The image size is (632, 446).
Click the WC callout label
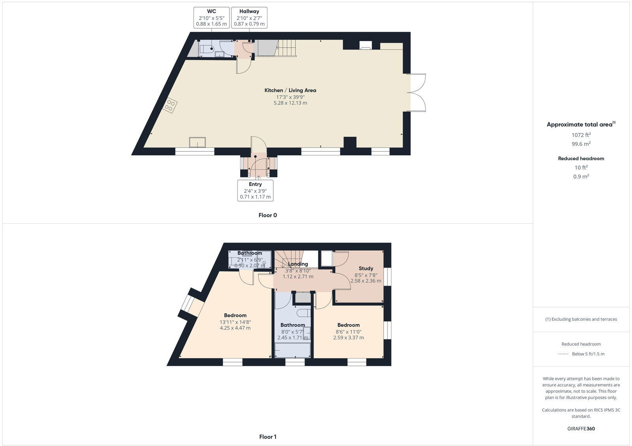click(212, 18)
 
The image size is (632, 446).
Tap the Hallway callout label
click(249, 18)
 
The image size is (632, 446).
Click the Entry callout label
click(255, 190)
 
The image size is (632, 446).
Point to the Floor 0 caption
click(267, 215)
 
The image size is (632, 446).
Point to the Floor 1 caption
click(267, 437)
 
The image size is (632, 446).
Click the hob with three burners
click(171, 105)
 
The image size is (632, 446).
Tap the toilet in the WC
click(207, 49)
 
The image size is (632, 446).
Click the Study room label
click(366, 268)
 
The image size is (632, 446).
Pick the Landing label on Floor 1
click(298, 264)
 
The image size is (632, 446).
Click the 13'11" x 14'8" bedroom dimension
click(235, 322)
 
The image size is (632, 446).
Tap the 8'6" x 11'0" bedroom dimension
click(348, 332)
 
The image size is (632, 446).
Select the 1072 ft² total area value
click(581, 135)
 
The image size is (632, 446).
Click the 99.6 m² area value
click(581, 144)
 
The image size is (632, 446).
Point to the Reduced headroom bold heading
click(581, 159)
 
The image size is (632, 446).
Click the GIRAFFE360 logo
click(581, 429)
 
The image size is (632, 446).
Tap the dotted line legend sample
click(563, 354)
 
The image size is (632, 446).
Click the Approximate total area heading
click(580, 125)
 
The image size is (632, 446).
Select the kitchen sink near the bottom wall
click(197, 142)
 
